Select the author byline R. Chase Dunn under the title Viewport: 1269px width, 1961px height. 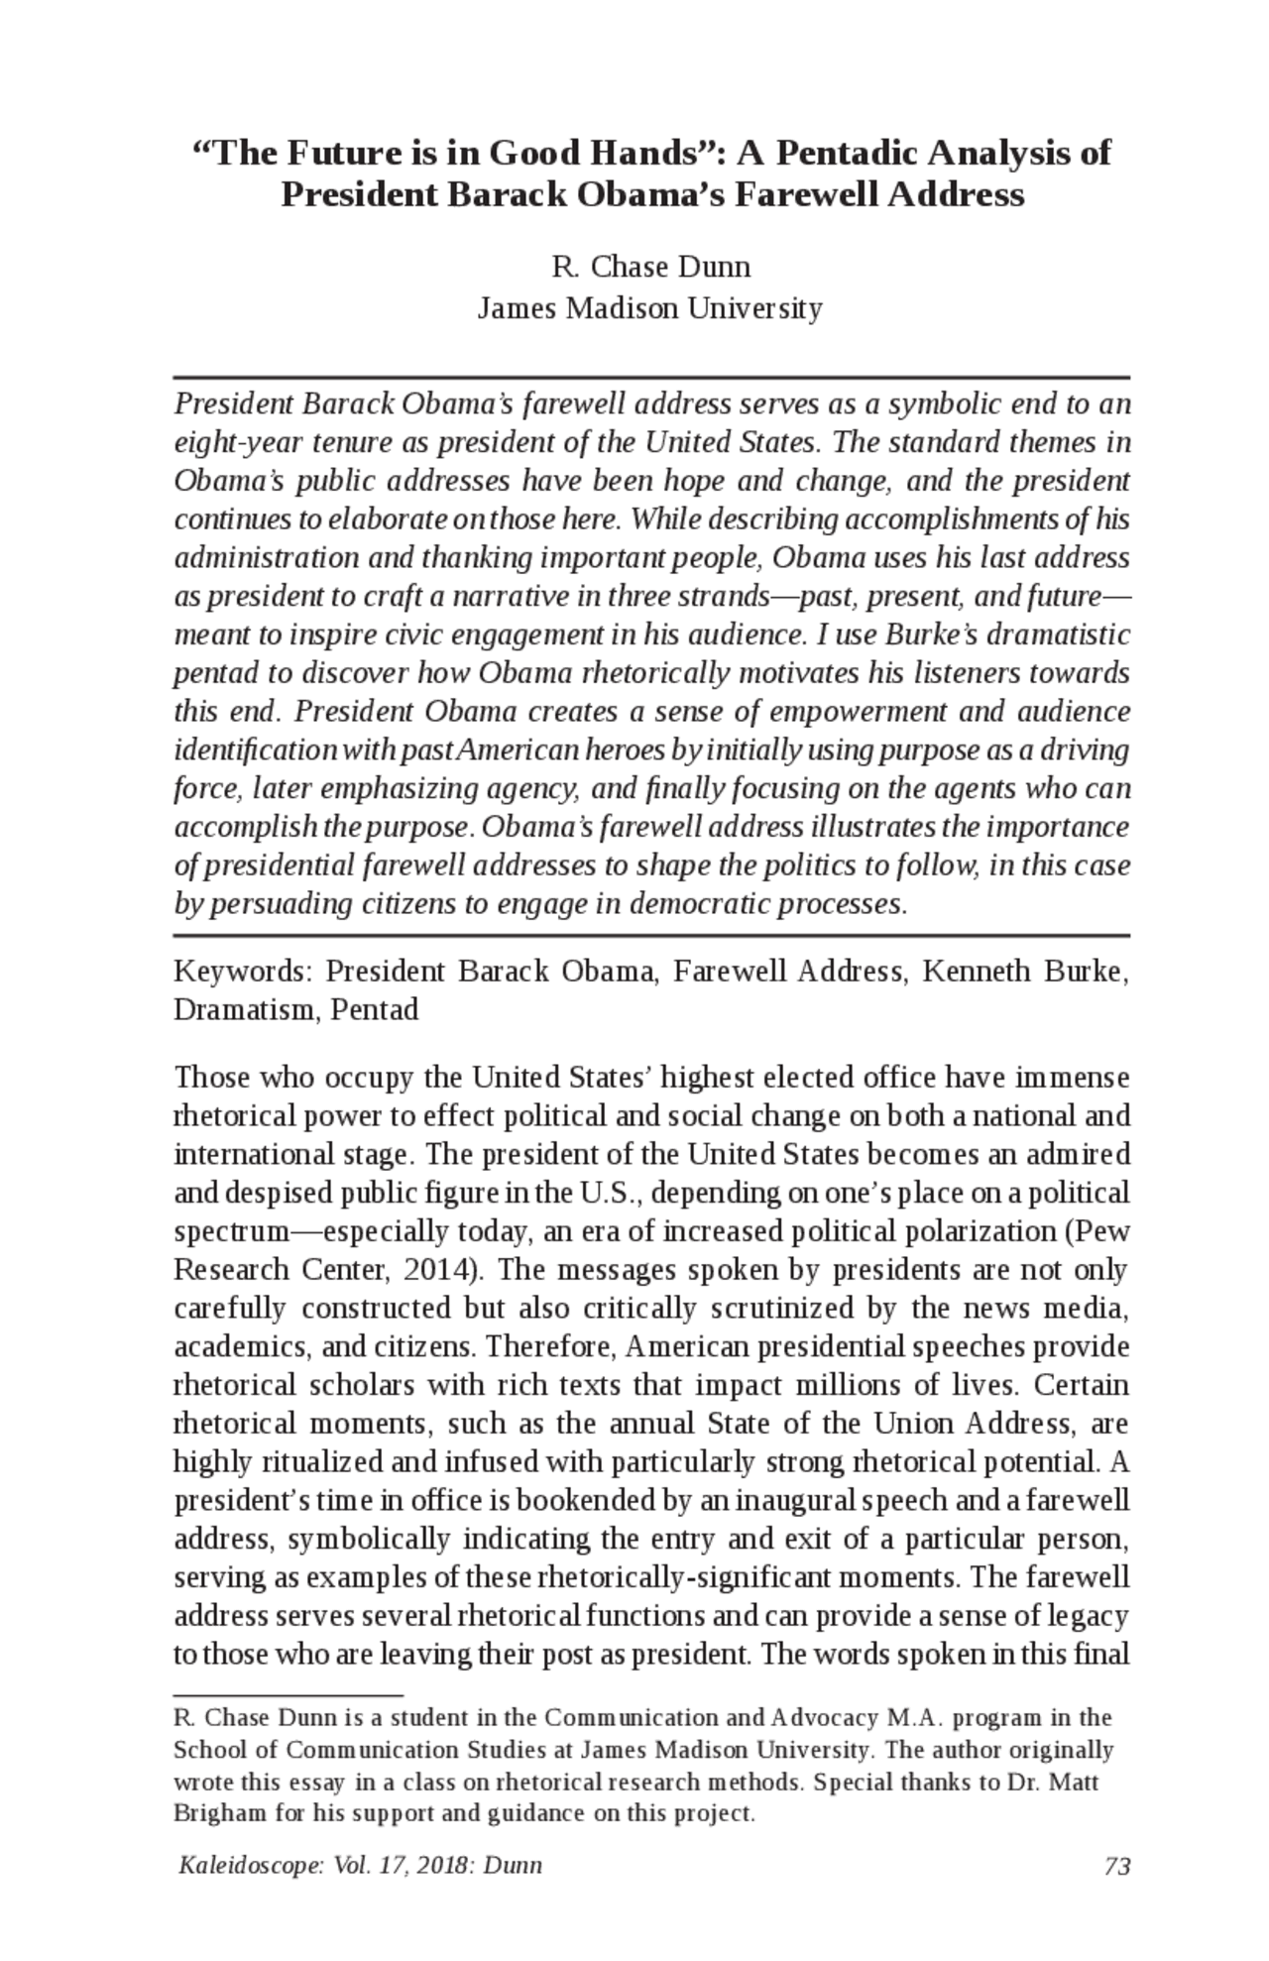click(x=650, y=268)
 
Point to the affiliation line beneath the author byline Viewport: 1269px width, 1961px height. click(x=650, y=309)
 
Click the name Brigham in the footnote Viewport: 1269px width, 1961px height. click(x=220, y=1814)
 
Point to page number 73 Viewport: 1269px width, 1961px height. click(x=1117, y=1866)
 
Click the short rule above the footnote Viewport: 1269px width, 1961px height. click(x=288, y=1696)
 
